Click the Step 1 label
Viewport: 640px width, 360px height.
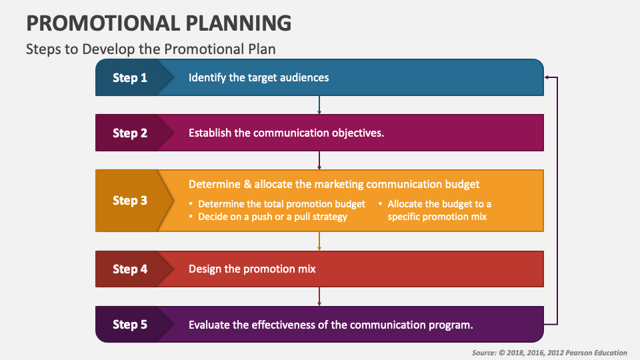tap(130, 78)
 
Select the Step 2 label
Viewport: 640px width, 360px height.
tap(130, 133)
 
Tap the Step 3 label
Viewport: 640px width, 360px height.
tap(130, 201)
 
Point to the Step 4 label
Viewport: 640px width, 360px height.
tap(130, 269)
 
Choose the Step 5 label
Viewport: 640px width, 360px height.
tap(130, 325)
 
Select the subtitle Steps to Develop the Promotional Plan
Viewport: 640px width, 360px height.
tap(150, 49)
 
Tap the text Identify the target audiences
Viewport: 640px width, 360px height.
tap(259, 77)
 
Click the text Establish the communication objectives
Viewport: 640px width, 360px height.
tap(287, 133)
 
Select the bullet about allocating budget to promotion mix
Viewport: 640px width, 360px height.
tap(439, 210)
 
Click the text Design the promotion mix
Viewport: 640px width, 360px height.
tap(252, 269)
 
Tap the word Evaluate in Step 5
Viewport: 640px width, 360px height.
tap(210, 325)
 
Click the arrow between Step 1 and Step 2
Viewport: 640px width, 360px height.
tap(320, 105)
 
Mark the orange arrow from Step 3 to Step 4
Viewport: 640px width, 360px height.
tap(320, 241)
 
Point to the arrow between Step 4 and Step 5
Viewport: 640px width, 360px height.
tap(320, 296)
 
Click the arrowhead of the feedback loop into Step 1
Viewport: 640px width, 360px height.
tap(547, 77)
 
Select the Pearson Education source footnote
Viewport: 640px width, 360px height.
tap(549, 353)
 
